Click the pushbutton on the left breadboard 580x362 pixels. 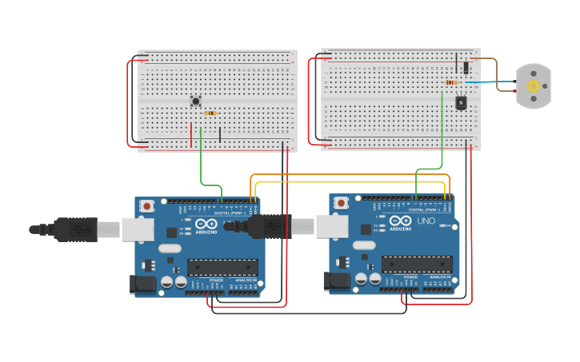tap(196, 101)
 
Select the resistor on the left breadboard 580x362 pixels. tap(210, 113)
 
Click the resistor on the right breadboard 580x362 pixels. tap(450, 82)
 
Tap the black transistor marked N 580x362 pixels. tap(461, 102)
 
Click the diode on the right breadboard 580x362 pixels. tap(465, 67)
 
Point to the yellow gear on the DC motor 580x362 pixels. tap(533, 86)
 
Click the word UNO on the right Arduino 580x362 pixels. tap(426, 221)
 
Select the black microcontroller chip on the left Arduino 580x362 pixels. tap(222, 267)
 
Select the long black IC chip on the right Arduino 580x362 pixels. tap(416, 264)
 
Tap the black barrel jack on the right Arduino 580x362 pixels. tap(334, 280)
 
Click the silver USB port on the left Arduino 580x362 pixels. tap(137, 229)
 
